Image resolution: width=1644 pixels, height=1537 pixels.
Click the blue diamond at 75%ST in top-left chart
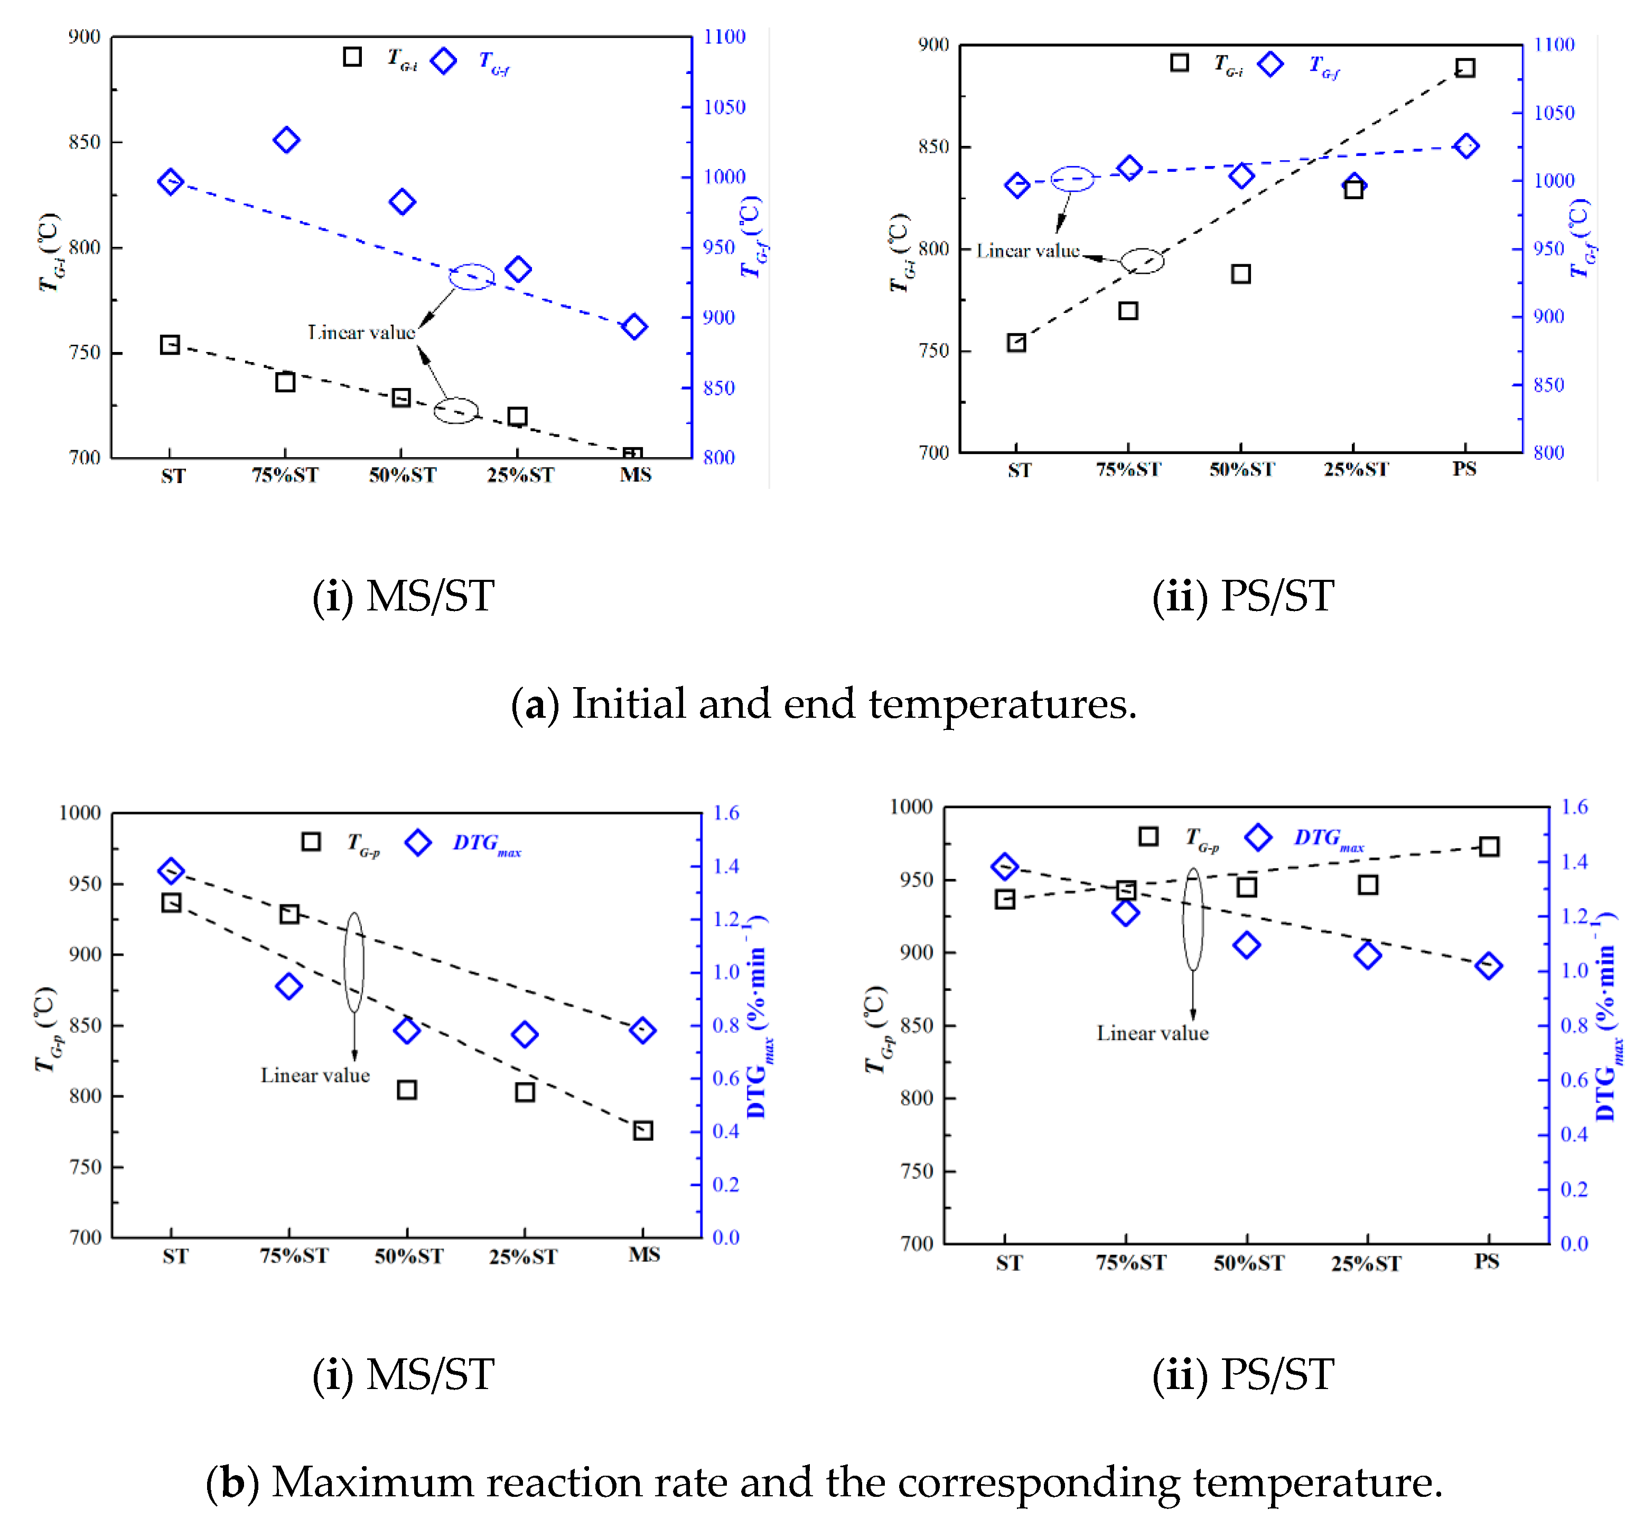coord(286,140)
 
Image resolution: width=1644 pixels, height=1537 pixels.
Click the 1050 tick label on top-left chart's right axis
coord(724,107)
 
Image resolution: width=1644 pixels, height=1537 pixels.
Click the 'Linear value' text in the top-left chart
coord(361,332)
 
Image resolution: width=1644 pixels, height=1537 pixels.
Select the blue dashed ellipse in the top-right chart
coord(1072,179)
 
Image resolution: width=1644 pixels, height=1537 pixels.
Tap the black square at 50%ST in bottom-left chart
coord(406,1089)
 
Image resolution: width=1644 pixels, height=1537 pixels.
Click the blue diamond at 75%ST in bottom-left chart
coord(288,986)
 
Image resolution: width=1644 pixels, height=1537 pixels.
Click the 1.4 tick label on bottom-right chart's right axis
coord(1575,862)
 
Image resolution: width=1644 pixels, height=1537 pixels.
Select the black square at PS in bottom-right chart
coord(1489,846)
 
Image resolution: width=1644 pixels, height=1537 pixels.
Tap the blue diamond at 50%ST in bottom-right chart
coord(1246,945)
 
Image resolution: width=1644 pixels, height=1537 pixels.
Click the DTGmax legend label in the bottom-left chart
coord(486,844)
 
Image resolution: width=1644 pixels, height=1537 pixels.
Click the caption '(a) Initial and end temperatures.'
coord(824,704)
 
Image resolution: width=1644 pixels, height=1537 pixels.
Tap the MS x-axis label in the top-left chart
coord(635,475)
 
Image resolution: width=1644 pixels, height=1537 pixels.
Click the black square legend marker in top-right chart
coord(1179,63)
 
